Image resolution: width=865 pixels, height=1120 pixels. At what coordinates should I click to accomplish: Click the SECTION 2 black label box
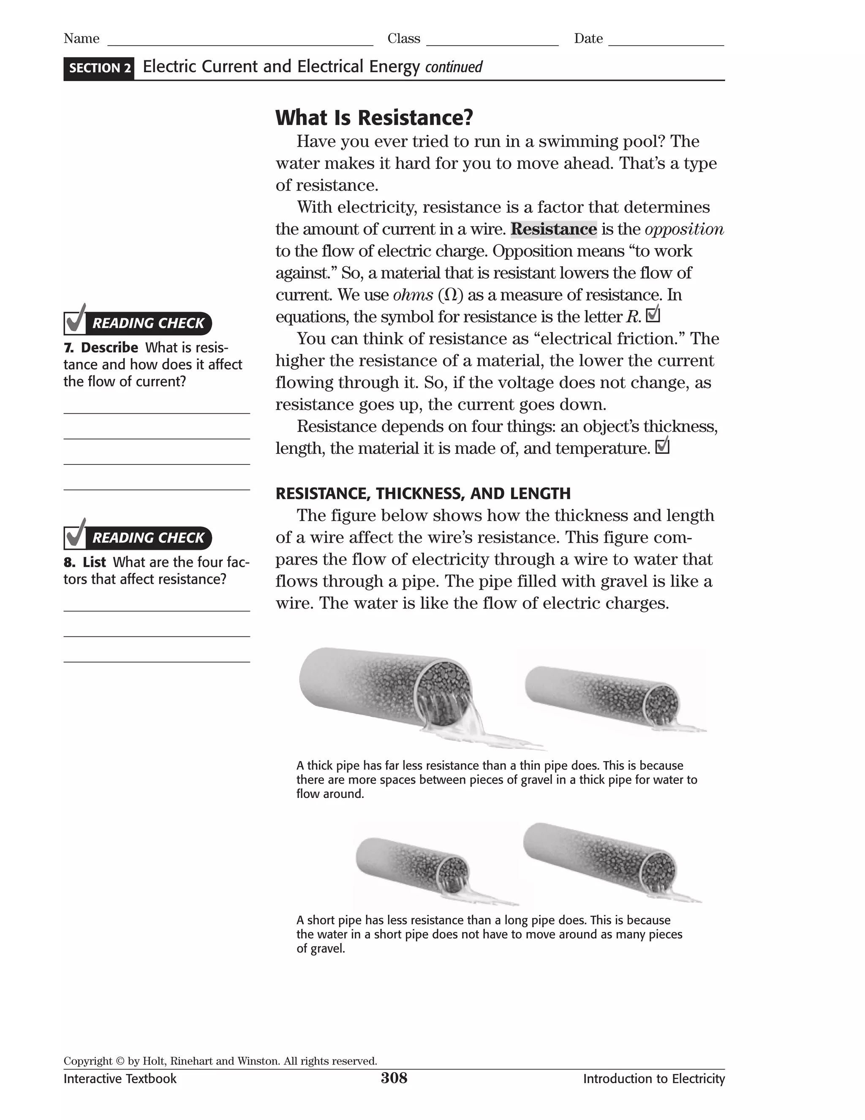(99, 68)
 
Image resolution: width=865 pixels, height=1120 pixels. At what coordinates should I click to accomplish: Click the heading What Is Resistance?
(374, 118)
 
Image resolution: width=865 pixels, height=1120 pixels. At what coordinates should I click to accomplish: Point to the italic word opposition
(684, 229)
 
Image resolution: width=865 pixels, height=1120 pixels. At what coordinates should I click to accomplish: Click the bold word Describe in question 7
(109, 348)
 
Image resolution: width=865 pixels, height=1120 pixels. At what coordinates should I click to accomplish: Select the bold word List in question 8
(94, 562)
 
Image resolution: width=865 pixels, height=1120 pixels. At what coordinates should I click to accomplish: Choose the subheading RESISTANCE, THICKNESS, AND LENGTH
(423, 493)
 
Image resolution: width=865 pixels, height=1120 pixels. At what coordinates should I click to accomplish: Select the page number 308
(394, 1078)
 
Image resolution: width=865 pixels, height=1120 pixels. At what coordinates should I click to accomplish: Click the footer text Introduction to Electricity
(653, 1079)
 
